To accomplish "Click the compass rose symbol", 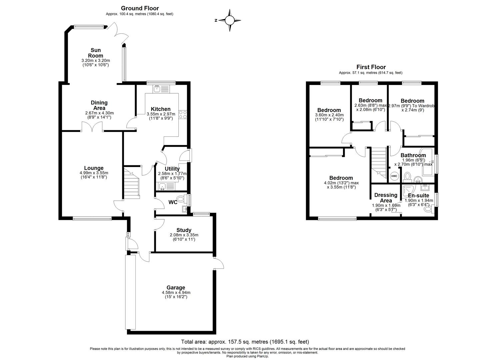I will click(x=229, y=20).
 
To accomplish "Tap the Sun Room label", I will click(x=95, y=53).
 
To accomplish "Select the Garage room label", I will click(x=176, y=288).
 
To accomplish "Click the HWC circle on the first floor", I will click(x=394, y=176).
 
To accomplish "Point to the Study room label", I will click(x=184, y=230).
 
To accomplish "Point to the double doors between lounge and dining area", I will click(x=92, y=127).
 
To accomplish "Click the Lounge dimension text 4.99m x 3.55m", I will click(x=94, y=173).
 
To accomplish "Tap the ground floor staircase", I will click(x=132, y=183).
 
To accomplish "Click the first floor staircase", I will click(x=378, y=162).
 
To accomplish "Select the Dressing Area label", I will click(x=386, y=198).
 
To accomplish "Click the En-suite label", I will click(x=419, y=196).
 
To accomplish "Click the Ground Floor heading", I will click(x=140, y=8).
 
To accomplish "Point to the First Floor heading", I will click(x=371, y=67).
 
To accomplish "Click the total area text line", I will click(x=245, y=342).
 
